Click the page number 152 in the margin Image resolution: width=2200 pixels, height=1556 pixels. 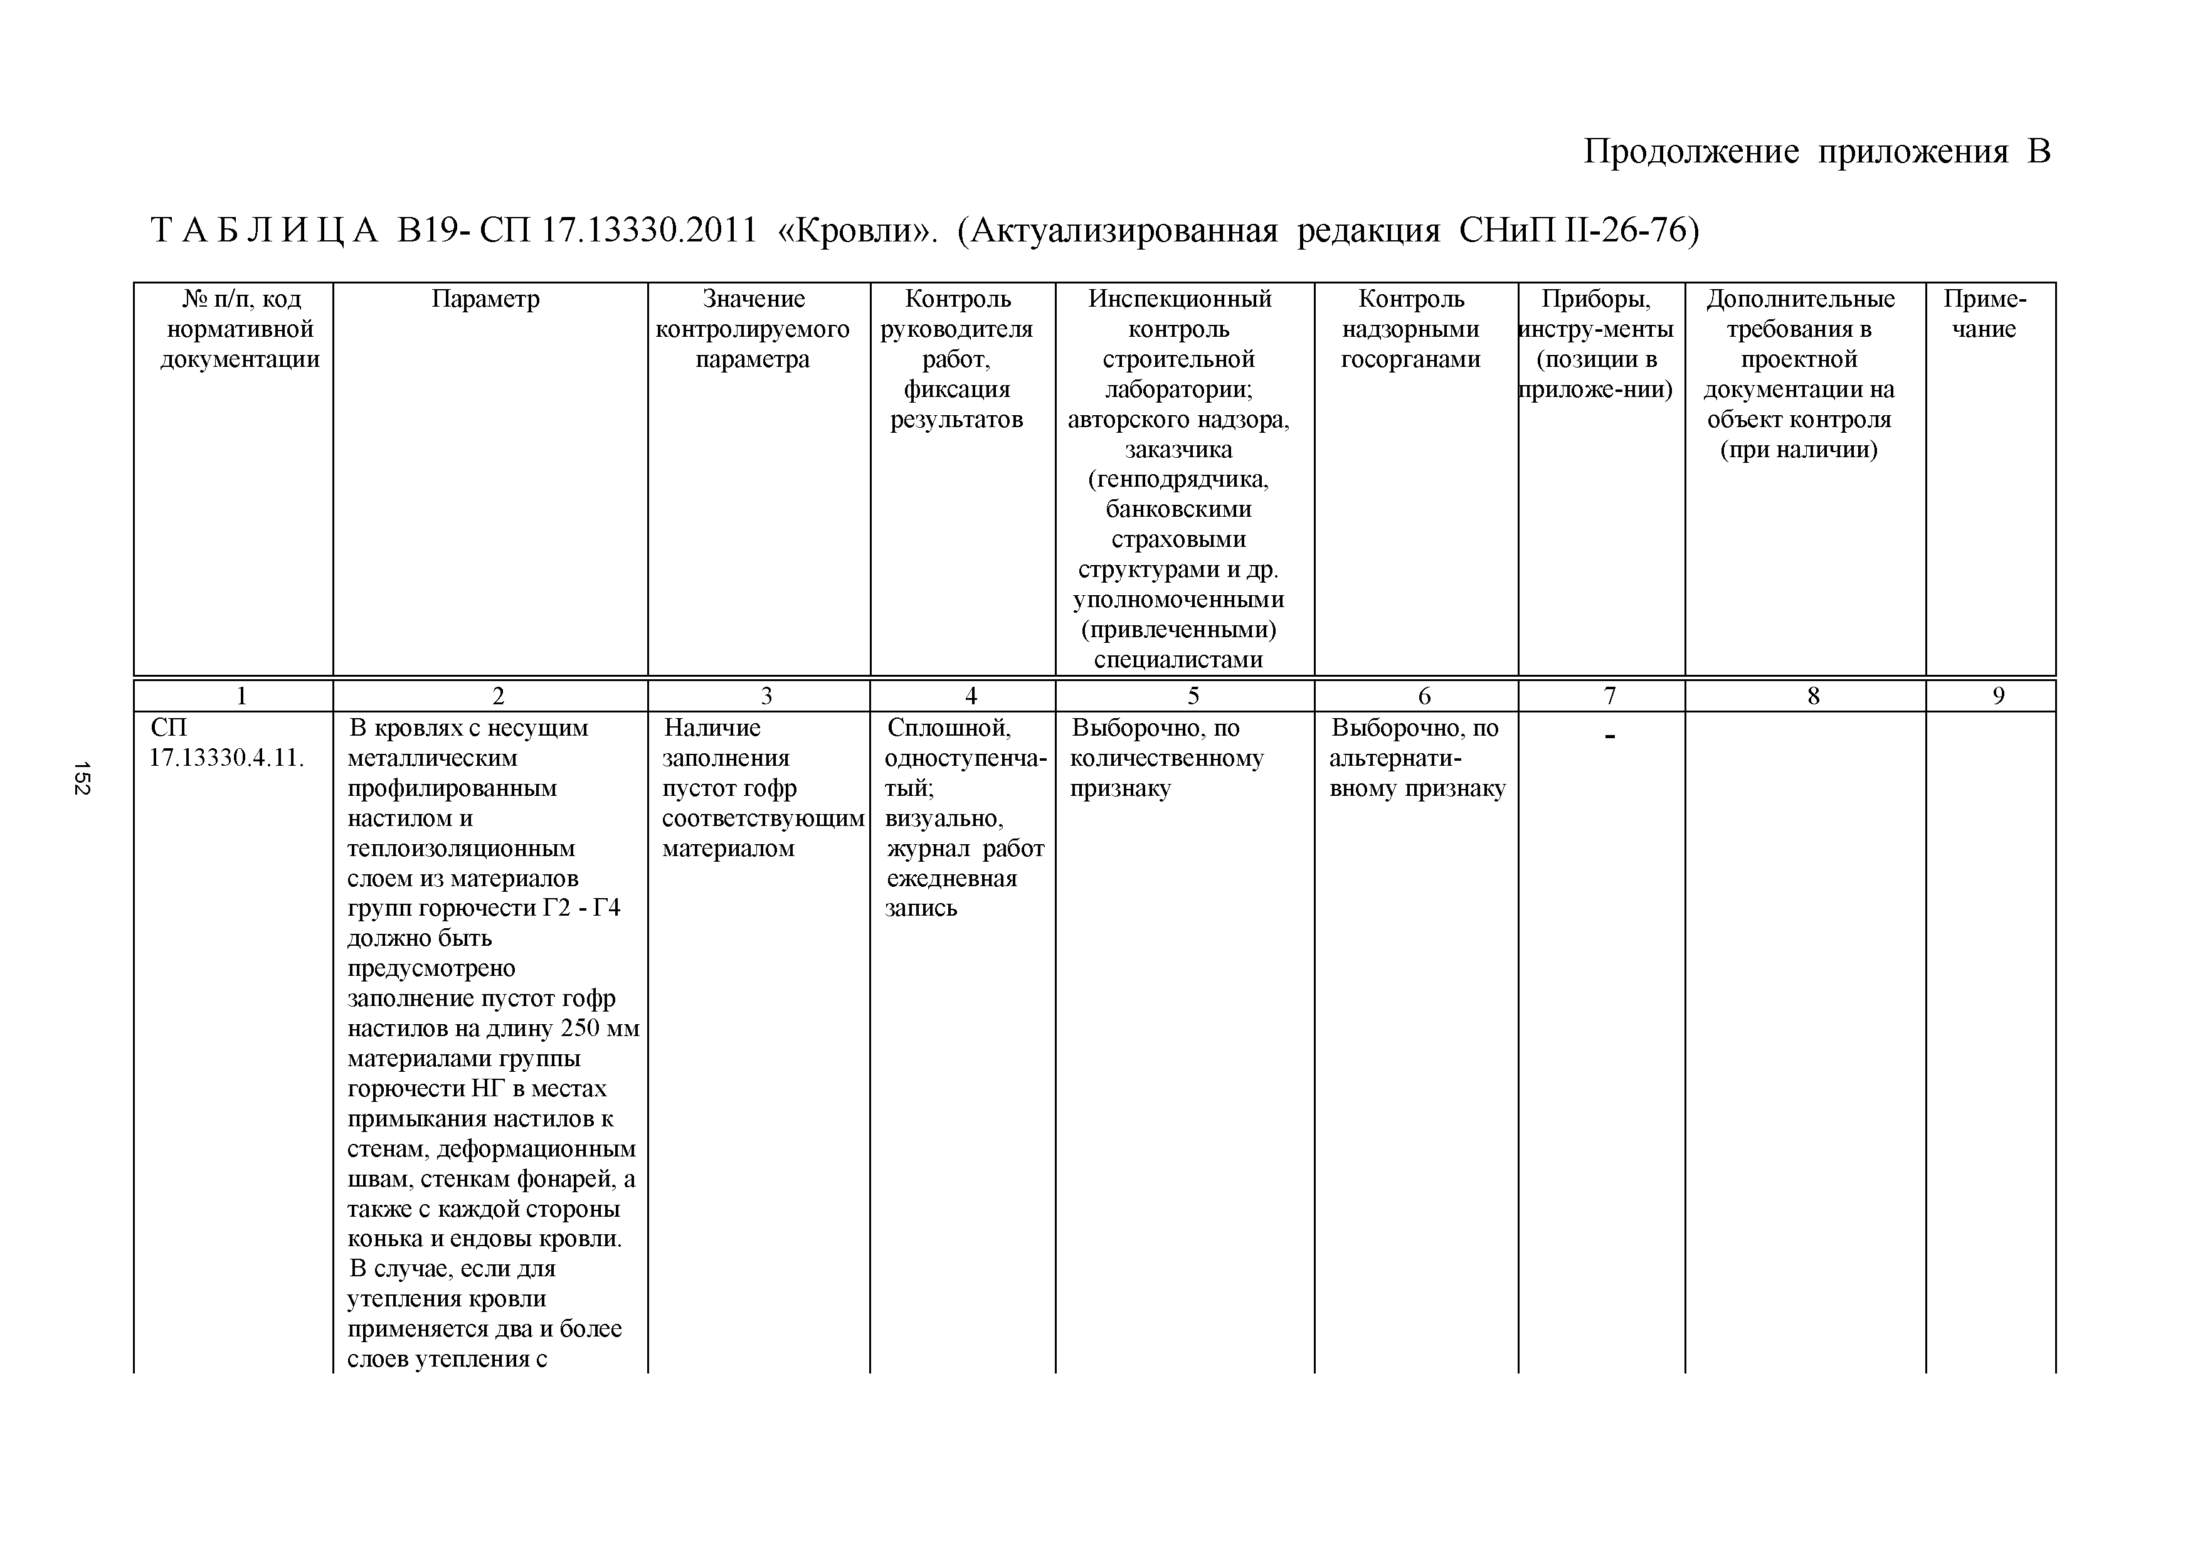[x=82, y=777]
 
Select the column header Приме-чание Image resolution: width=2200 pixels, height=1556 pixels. [x=1984, y=314]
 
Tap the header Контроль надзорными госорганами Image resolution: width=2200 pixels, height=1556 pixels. [x=1412, y=329]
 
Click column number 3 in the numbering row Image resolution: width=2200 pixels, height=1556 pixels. [x=766, y=696]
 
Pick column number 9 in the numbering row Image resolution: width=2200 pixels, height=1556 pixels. [x=1998, y=696]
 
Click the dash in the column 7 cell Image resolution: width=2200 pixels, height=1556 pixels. [x=1610, y=736]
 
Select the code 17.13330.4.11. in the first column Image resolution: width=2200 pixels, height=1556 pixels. [x=226, y=758]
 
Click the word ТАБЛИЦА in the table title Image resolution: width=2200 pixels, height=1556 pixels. [x=265, y=231]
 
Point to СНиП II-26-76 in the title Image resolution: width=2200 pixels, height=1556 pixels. [x=1578, y=231]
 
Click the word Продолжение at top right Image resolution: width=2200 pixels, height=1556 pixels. [x=1690, y=151]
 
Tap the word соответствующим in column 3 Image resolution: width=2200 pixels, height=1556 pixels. [x=763, y=818]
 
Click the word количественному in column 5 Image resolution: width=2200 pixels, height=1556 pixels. [x=1166, y=758]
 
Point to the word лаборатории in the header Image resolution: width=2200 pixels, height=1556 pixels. [x=1178, y=389]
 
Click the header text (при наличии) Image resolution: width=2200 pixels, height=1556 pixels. [x=1799, y=449]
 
